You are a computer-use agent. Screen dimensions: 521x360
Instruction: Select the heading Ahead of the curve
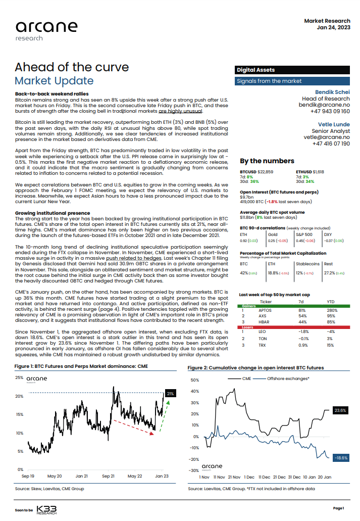[72, 67]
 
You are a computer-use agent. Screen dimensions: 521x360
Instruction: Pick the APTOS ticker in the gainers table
[265, 310]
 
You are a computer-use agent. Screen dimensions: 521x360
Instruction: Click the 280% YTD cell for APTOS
[332, 310]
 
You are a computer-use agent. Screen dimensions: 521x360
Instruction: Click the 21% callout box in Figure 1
[170, 393]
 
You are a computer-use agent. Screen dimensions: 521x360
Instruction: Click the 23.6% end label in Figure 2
[340, 411]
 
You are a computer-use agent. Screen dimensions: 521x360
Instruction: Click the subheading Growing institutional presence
[53, 213]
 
